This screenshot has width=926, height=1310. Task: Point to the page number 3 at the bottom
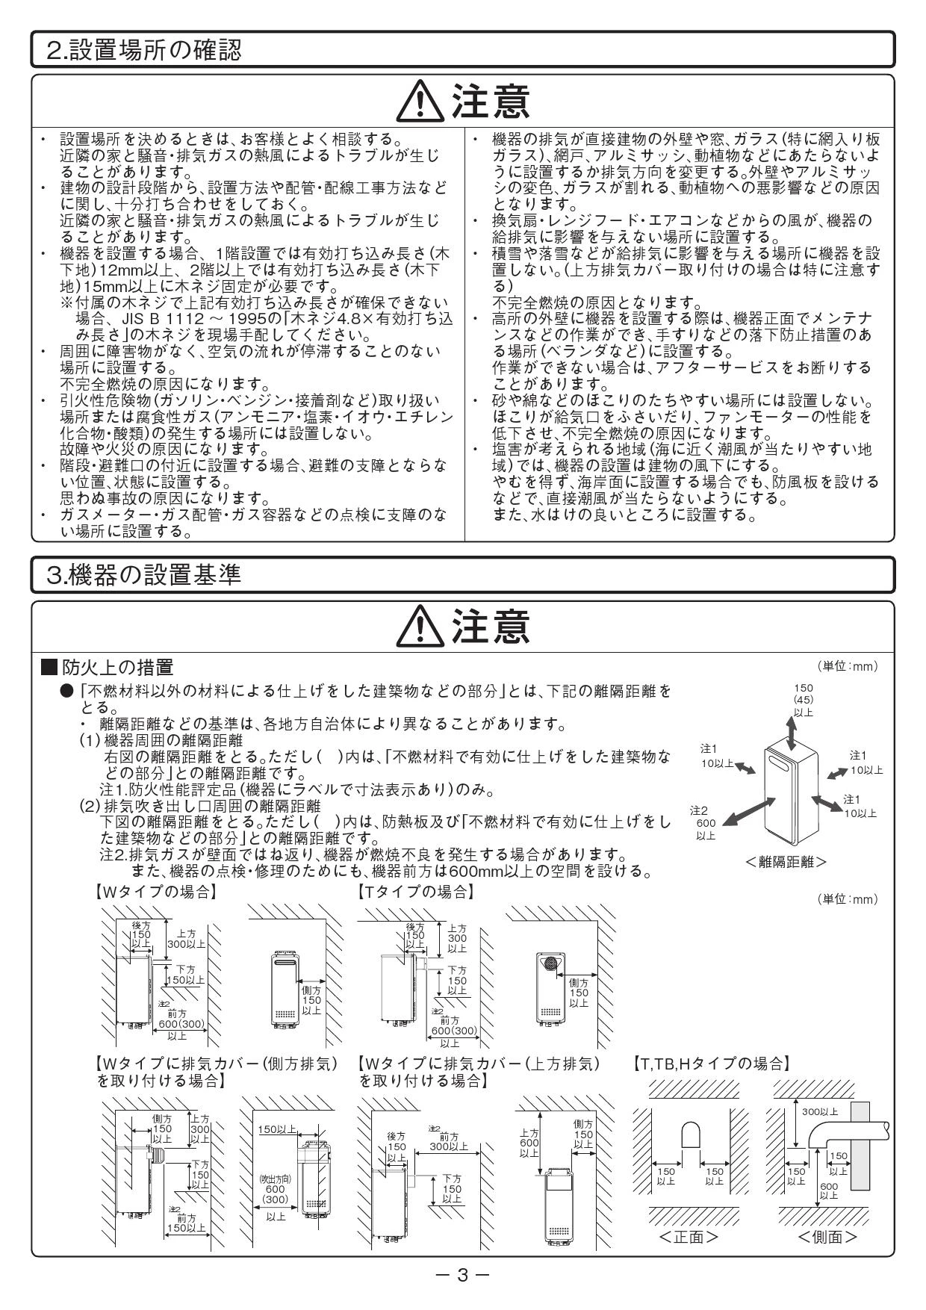(462, 1275)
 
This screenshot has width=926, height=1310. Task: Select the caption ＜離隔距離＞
(786, 861)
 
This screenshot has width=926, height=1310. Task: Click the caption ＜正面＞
(689, 1237)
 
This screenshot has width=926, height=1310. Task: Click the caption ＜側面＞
(827, 1237)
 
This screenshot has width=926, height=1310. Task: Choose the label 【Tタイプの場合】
(415, 892)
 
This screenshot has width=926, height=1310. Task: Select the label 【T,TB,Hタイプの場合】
(710, 1062)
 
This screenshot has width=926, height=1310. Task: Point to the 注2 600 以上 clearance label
(705, 822)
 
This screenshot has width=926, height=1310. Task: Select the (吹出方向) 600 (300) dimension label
(275, 1194)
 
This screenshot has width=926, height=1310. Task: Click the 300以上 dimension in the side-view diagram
(820, 1112)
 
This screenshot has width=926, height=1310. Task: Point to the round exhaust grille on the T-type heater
(552, 963)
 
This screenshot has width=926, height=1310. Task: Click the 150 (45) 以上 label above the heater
(804, 700)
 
